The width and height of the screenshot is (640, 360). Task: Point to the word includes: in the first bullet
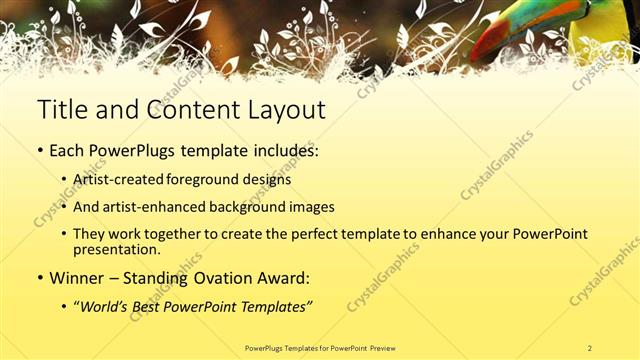point(278,151)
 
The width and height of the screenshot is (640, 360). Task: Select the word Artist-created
point(113,181)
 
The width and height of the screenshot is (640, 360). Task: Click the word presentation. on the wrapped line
point(116,249)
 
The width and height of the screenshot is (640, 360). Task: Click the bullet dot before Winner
point(41,278)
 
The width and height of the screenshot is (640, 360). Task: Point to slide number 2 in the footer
point(590,347)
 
